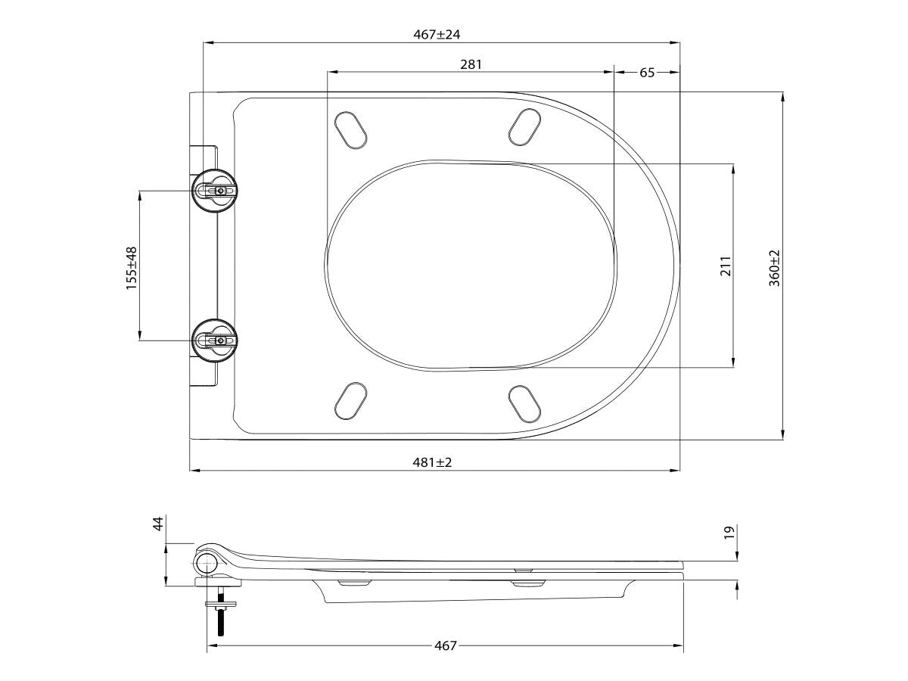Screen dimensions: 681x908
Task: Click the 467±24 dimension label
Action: pyautogui.click(x=443, y=35)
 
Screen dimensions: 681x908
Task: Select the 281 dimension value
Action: pyautogui.click(x=471, y=65)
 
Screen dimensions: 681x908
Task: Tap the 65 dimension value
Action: pyautogui.click(x=648, y=73)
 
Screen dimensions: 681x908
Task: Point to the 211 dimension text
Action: pyautogui.click(x=725, y=266)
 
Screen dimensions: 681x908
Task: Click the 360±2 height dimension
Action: pyautogui.click(x=775, y=266)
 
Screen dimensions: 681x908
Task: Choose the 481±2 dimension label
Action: pyautogui.click(x=434, y=462)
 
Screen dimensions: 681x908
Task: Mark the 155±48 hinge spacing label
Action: pyautogui.click(x=132, y=267)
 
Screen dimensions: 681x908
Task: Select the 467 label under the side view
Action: pyautogui.click(x=446, y=645)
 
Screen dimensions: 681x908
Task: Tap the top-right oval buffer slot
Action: pyautogui.click(x=524, y=127)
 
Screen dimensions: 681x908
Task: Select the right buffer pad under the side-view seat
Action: pyautogui.click(x=528, y=583)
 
